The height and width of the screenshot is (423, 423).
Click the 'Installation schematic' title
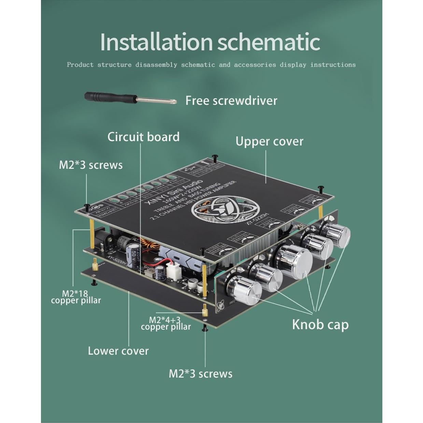tap(210, 42)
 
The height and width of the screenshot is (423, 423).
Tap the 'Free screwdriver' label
tap(231, 101)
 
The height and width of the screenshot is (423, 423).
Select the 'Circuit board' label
tap(143, 137)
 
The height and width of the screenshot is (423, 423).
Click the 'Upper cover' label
tap(269, 141)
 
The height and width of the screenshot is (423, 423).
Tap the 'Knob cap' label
tap(320, 324)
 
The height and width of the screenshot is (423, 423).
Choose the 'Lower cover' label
tap(118, 351)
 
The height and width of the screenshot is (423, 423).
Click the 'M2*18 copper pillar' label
tap(76, 297)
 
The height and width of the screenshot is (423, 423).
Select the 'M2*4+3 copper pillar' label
tap(166, 323)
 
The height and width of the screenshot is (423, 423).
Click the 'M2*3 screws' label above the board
tap(90, 165)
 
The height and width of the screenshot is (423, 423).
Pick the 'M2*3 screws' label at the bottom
tap(200, 373)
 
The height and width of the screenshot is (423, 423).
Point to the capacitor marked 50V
tap(133, 254)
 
